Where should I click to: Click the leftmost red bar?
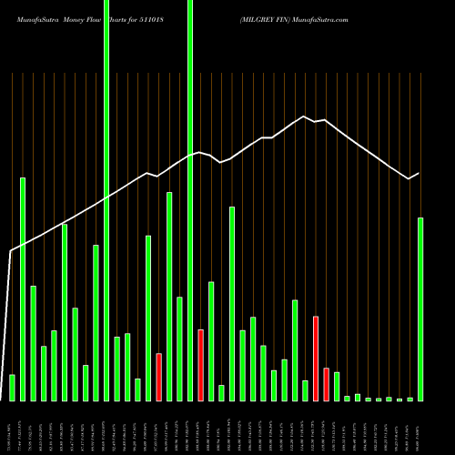point(158,377)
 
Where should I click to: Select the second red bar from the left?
point(200,365)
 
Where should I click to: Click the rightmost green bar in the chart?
point(420,309)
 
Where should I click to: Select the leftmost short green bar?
point(12,388)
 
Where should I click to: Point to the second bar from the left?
point(23,289)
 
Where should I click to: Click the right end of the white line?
point(420,173)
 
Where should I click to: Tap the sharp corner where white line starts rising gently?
point(11,250)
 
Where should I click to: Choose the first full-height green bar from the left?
point(106,200)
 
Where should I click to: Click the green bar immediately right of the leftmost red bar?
point(169,296)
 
